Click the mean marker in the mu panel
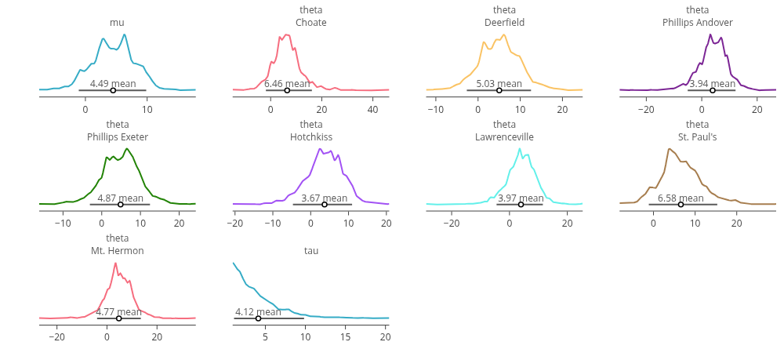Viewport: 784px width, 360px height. [113, 90]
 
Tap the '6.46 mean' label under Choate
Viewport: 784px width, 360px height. [286, 83]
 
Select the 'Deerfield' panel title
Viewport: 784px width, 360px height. [504, 23]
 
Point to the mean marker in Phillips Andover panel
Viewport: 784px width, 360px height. [712, 90]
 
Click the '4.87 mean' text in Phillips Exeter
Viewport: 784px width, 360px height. [120, 198]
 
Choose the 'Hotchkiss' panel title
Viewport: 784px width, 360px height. [311, 137]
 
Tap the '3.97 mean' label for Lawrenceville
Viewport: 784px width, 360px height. [521, 198]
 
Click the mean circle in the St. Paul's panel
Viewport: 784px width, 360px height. [681, 204]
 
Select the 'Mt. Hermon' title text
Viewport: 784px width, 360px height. [118, 251]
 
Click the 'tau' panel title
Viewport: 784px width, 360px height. [311, 251]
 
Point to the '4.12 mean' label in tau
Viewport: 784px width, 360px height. [258, 311]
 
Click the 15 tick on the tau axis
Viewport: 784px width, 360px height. [346, 336]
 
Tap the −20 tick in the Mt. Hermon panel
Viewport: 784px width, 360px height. [56, 336]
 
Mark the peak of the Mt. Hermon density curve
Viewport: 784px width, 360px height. [116, 263]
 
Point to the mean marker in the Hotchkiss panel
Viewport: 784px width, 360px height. [325, 204]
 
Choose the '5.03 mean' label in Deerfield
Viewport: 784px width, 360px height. [499, 83]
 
